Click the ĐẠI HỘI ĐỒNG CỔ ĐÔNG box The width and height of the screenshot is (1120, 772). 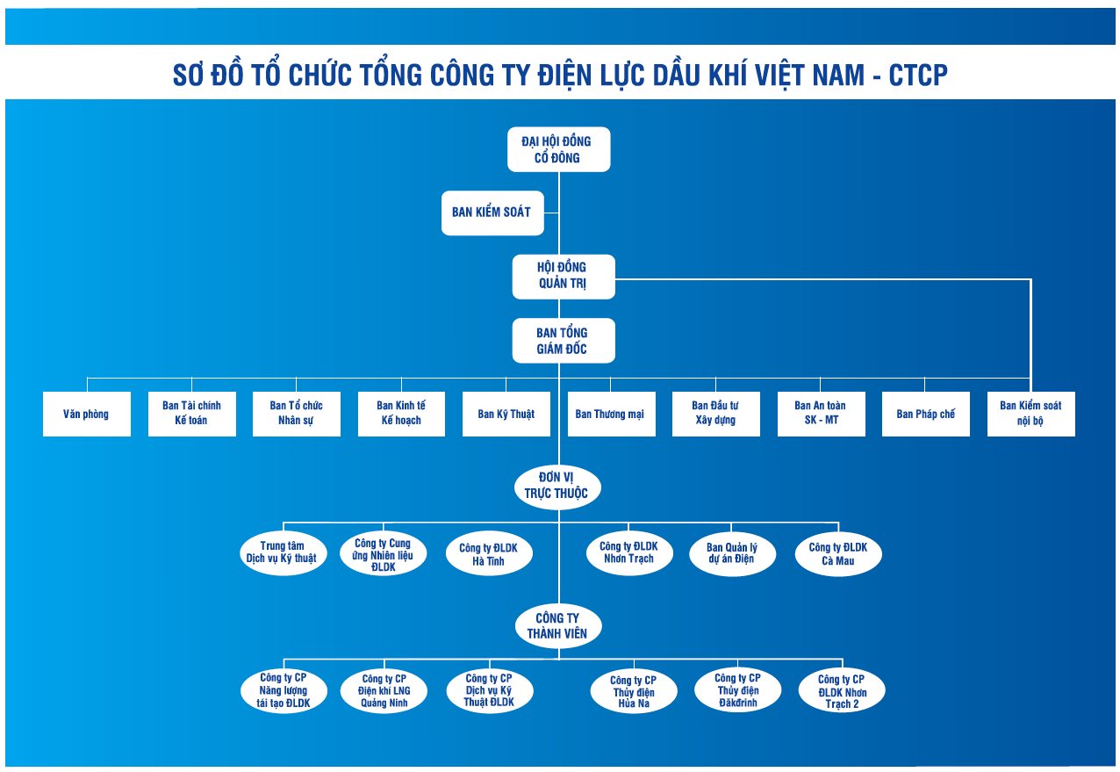click(558, 149)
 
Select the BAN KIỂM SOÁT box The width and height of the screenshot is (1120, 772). click(492, 212)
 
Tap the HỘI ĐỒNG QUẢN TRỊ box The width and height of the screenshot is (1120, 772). click(563, 276)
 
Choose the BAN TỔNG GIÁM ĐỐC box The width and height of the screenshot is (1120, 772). click(563, 341)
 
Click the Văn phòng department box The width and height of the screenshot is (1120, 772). click(86, 414)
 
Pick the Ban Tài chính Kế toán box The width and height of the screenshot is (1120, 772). click(191, 414)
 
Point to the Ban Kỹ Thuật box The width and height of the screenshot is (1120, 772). click(506, 414)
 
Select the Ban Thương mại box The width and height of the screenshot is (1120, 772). click(610, 414)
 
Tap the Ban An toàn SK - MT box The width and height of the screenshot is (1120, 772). click(821, 414)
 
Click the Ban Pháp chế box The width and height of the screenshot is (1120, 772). click(925, 414)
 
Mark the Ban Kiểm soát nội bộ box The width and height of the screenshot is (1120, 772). click(1030, 414)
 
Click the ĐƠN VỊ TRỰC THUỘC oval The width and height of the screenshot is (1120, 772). click(556, 487)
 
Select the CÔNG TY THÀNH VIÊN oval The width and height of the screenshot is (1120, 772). click(557, 625)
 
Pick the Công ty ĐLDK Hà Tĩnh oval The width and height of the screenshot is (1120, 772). click(488, 554)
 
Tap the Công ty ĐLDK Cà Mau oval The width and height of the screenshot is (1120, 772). click(838, 554)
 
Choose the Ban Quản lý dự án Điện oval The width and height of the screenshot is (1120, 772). click(732, 554)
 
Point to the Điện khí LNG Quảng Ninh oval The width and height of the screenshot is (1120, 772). click(384, 691)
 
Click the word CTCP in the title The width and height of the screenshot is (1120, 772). click(918, 76)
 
